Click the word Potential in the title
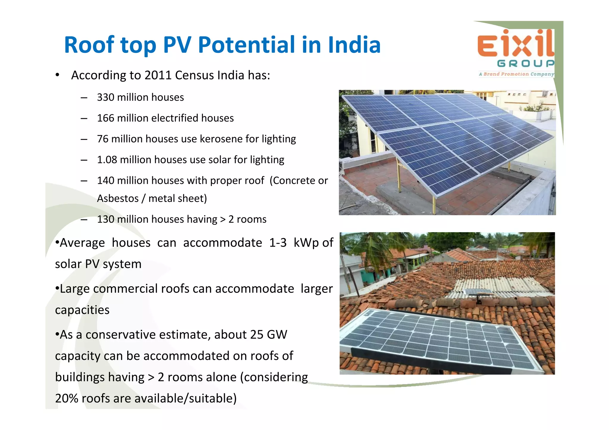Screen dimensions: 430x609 click(x=247, y=45)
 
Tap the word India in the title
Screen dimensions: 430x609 click(x=354, y=45)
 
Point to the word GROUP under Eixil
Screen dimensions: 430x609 click(x=525, y=63)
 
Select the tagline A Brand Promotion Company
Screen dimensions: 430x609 click(x=517, y=74)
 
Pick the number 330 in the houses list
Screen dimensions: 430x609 click(x=106, y=97)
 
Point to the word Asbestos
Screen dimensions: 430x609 click(x=118, y=198)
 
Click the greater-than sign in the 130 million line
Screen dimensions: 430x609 click(x=223, y=219)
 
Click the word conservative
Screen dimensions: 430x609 click(x=120, y=335)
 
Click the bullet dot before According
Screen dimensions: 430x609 click(x=57, y=75)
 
